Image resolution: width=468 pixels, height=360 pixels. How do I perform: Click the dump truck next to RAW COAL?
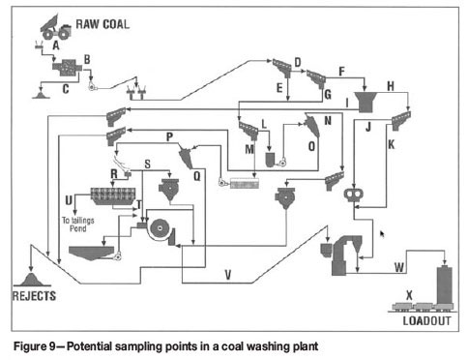coord(55,27)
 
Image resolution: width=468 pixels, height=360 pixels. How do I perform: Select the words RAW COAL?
coord(102,24)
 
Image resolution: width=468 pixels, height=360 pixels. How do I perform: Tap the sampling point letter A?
coord(56,45)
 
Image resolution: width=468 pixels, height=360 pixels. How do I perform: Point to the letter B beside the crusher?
coord(87,59)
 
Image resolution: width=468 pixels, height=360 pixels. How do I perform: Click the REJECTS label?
coord(34,296)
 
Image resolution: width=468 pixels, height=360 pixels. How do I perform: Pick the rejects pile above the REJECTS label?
coord(31,280)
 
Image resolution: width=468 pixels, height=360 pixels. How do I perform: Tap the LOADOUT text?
coord(426,321)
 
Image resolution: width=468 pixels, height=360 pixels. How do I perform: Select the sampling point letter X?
coord(409,295)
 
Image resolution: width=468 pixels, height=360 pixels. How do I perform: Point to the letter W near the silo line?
coord(399,267)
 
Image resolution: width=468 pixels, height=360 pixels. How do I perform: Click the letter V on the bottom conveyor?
coord(228,275)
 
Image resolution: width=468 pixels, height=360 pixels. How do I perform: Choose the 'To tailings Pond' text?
coord(78,225)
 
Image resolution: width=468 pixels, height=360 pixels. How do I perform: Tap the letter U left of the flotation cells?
coord(69,200)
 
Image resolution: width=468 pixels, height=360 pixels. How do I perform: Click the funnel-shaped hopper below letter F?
coord(366,102)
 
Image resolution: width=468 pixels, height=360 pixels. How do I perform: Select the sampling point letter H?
coord(391,86)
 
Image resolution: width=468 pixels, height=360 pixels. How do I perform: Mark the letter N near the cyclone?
coord(328,121)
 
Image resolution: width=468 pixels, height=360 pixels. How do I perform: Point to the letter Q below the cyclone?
coord(196,176)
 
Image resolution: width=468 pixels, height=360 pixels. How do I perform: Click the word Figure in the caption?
coord(30,346)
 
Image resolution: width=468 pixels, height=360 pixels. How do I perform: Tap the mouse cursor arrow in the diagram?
coord(382,234)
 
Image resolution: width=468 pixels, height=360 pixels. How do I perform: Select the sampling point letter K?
coord(391,144)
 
